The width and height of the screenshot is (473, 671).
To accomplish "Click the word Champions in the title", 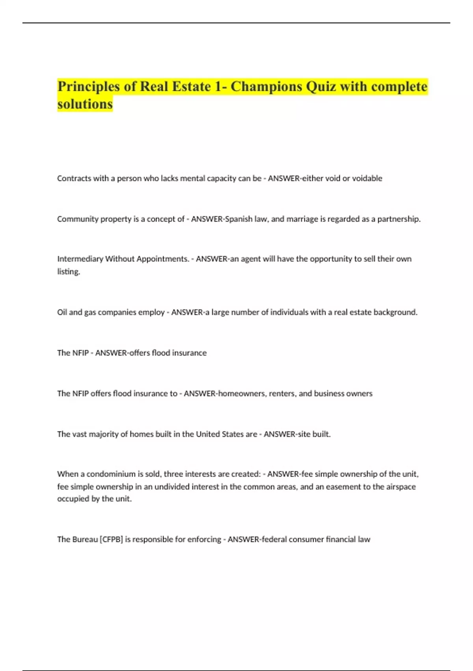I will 266,86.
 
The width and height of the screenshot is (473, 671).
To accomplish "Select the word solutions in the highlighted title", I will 85,104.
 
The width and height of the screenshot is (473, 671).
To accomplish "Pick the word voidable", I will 367,178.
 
